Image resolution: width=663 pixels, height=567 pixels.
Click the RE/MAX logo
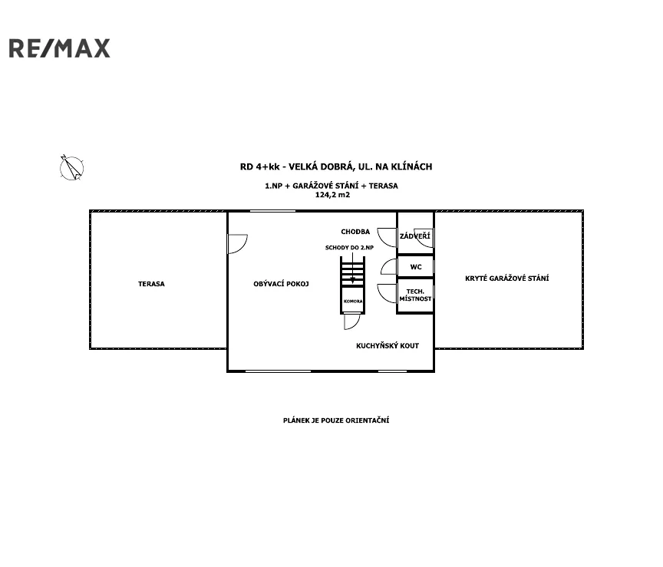click(60, 48)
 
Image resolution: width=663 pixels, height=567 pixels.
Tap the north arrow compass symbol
click(71, 168)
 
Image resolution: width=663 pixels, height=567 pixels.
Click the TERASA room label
click(151, 284)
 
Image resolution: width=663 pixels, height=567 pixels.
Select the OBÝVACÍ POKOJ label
click(281, 284)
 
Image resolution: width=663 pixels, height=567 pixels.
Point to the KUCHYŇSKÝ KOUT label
click(388, 345)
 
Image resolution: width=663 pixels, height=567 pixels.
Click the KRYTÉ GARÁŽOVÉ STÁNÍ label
click(507, 278)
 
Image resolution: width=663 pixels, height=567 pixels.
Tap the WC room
click(416, 267)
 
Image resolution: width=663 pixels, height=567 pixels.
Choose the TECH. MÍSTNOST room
click(416, 295)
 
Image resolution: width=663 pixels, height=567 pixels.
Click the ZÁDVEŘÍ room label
click(415, 236)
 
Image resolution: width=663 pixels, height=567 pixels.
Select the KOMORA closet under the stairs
click(353, 301)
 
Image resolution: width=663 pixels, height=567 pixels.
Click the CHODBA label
click(355, 231)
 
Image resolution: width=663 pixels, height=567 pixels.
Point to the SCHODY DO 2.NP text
click(349, 247)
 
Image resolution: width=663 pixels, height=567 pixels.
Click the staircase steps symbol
click(353, 272)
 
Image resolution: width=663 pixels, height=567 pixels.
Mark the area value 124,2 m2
click(332, 195)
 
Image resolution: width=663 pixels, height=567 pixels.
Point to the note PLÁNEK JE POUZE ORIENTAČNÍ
click(336, 420)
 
